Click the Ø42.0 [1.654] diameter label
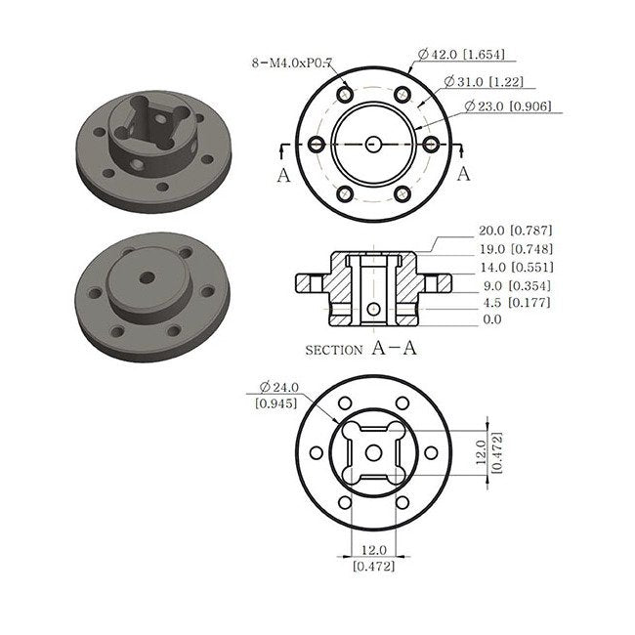tap(461, 55)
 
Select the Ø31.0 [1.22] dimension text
tap(484, 81)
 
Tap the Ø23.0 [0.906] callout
tap(508, 106)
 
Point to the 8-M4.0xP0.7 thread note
tap(291, 63)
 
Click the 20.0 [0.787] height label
tap(516, 231)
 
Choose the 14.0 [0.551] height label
tap(517, 268)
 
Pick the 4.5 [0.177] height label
tap(517, 303)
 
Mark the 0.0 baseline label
tap(492, 319)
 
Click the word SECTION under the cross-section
tap(334, 351)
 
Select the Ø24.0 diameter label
tap(279, 387)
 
